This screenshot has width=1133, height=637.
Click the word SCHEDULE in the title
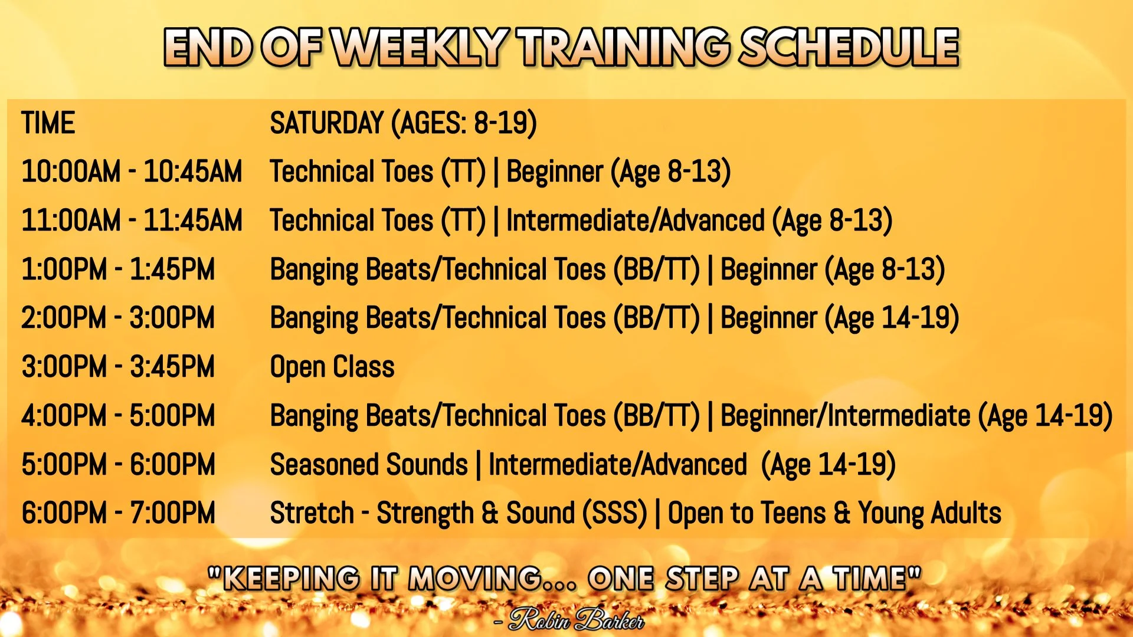(849, 47)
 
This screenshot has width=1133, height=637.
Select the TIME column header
(48, 123)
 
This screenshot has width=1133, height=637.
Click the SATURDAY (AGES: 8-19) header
(404, 124)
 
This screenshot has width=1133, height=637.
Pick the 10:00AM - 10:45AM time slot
(132, 172)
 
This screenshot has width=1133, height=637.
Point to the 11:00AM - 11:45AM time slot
(132, 221)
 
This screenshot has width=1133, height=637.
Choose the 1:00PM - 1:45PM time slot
(118, 270)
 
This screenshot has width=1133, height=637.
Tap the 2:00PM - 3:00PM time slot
(118, 318)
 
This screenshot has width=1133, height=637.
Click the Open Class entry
(332, 367)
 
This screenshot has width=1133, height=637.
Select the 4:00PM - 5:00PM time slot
(118, 416)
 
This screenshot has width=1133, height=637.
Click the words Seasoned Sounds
(369, 465)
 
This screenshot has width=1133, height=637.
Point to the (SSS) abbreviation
(615, 513)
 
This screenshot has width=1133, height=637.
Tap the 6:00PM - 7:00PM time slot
(118, 513)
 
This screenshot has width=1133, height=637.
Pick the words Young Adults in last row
(930, 513)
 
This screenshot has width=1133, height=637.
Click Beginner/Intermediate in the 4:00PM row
(846, 416)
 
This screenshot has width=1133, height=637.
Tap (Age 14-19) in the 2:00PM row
(892, 318)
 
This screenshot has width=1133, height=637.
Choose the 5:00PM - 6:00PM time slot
(118, 465)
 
